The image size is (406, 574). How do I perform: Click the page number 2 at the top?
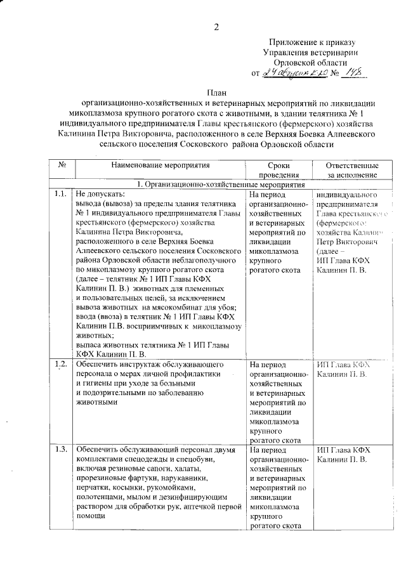point(216,27)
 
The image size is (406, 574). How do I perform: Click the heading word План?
point(216,93)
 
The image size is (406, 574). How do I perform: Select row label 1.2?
point(62,364)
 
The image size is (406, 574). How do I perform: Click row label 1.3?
point(62,450)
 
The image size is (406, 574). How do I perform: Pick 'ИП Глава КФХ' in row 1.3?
point(343,450)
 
